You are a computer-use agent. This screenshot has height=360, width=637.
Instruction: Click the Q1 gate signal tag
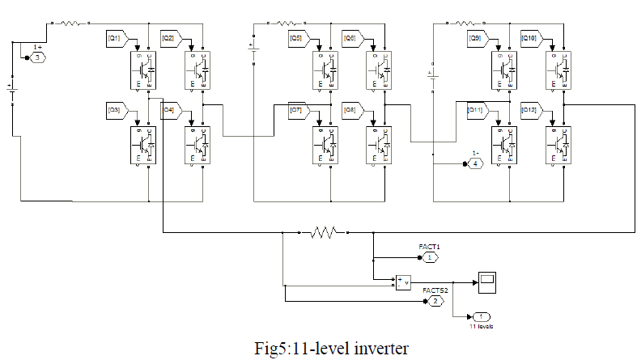tap(114, 37)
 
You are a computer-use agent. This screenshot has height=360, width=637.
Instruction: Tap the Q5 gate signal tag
tap(296, 37)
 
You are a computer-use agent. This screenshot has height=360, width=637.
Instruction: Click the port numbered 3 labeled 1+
tap(38, 57)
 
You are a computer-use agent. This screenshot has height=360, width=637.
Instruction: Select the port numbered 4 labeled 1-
tap(475, 163)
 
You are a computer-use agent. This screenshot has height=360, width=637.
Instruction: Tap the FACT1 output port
tap(430, 257)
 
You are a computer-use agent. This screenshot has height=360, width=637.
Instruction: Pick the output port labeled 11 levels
tap(481, 316)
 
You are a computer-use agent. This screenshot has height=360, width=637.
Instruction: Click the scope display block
tap(487, 282)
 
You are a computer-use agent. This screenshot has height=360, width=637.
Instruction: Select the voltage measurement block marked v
tap(402, 282)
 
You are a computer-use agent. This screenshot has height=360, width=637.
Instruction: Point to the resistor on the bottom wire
tap(327, 233)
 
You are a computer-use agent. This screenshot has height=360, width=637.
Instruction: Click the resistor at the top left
tap(69, 23)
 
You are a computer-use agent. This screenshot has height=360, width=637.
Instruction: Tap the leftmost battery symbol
tap(11, 91)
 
